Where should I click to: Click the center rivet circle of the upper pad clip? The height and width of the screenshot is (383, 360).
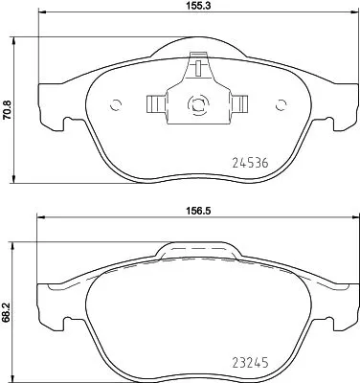click(198, 106)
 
